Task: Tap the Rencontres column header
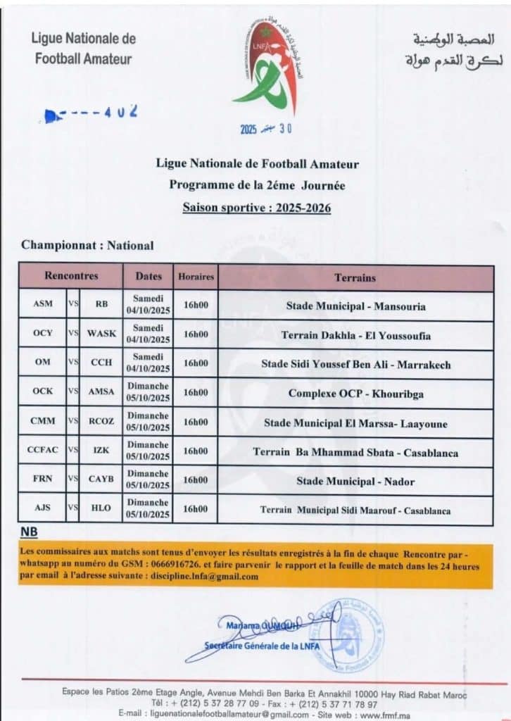coord(71,277)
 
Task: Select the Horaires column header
coord(195,277)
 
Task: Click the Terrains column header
coord(355,277)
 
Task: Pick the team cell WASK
coord(101,334)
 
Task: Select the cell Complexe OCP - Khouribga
coord(355,394)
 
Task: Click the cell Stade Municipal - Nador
coord(355,482)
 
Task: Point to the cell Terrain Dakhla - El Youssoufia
coord(355,335)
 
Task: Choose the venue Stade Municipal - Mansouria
coord(355,306)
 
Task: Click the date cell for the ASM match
coord(148,304)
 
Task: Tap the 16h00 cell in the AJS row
coord(195,509)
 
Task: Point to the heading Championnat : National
coord(87,246)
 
